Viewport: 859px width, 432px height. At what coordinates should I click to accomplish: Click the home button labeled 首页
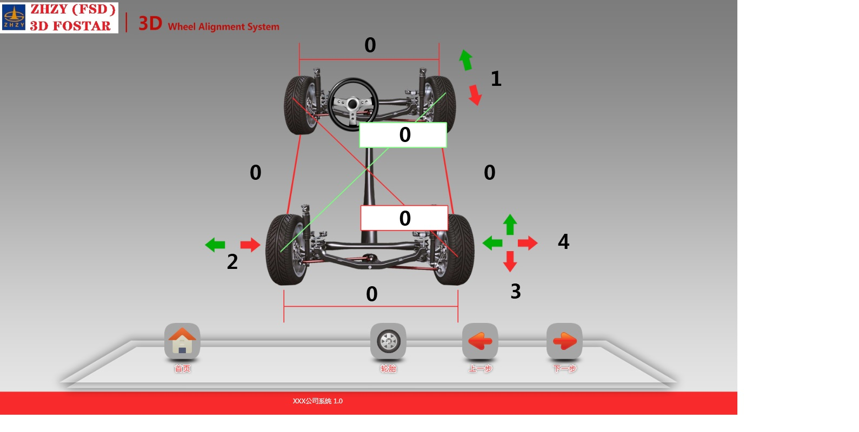coord(182,341)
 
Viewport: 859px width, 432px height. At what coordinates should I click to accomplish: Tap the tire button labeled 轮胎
coord(388,341)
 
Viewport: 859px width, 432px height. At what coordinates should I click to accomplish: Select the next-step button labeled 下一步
coord(564,341)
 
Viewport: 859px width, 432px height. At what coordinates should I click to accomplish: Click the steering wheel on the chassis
coord(353,104)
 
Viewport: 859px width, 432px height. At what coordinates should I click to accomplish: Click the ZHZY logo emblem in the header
coord(14,17)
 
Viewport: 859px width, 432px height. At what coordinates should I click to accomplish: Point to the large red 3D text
coord(150,24)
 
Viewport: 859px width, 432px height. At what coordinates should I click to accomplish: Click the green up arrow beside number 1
coord(466,60)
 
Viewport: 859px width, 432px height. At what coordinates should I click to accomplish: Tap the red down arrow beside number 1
coord(475,95)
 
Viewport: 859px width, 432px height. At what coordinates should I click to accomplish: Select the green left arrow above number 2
coord(215,245)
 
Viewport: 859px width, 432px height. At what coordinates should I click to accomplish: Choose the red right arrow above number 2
coord(250,245)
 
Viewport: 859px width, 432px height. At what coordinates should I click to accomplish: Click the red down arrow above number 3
coord(510,261)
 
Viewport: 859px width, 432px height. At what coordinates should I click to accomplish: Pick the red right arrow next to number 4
coord(528,243)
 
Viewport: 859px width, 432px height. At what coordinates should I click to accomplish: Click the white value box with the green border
coord(403,135)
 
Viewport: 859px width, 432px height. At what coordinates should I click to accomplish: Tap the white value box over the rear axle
coord(404,218)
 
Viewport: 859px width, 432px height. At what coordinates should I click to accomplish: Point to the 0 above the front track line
coord(370,45)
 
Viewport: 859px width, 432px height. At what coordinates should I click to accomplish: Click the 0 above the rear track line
coord(371,294)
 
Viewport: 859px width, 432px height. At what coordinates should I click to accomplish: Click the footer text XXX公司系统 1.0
coord(317,401)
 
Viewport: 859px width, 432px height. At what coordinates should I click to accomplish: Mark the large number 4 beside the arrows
coord(563,241)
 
